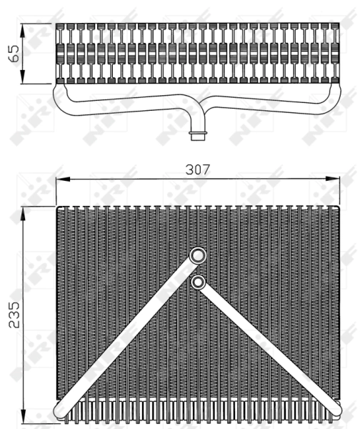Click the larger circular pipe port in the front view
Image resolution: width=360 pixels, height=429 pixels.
197,255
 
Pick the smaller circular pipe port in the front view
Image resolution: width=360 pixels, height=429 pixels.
198,282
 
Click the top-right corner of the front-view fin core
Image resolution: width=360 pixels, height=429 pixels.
336,208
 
